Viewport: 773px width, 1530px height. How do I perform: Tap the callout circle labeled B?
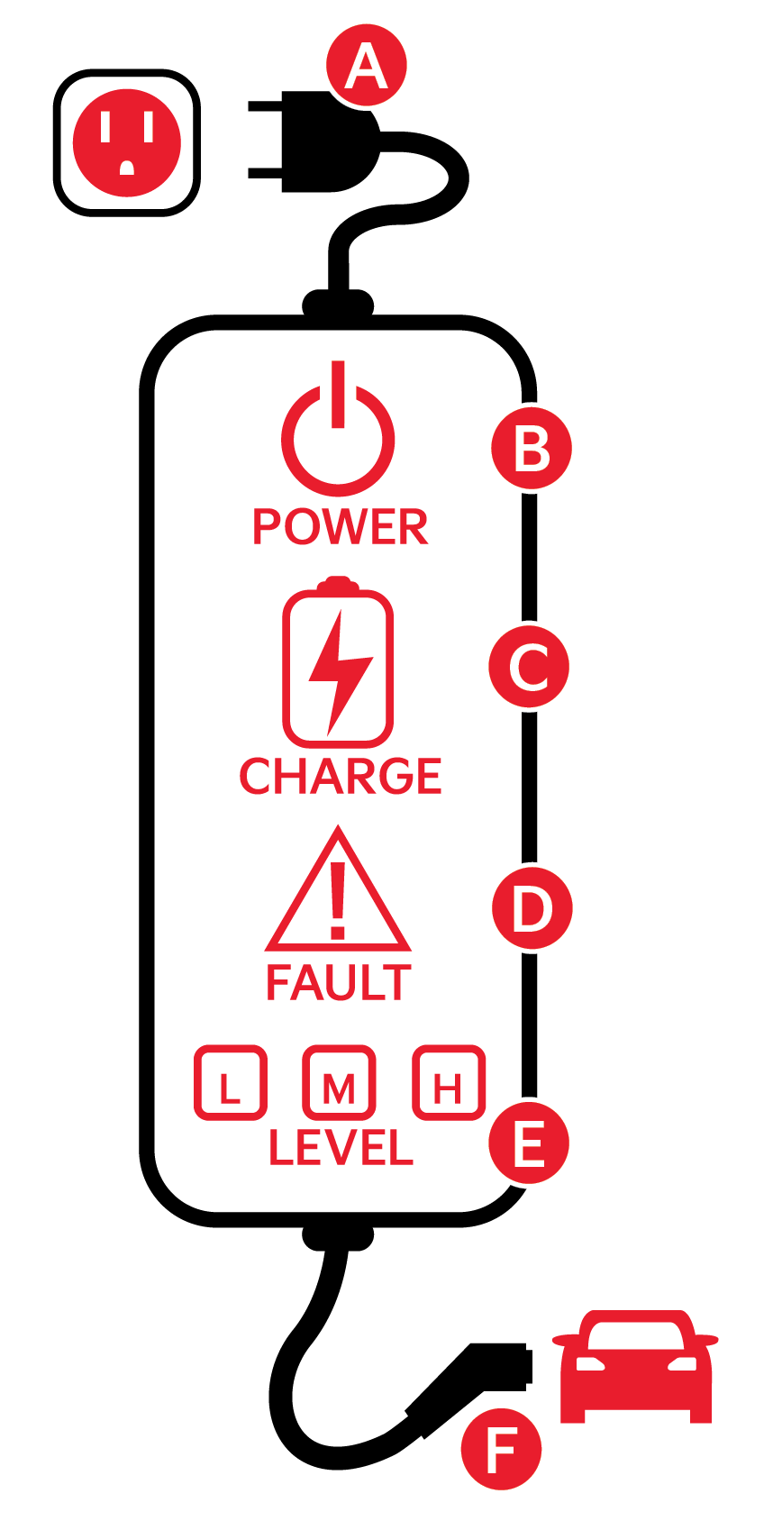tap(532, 449)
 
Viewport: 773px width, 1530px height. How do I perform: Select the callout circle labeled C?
tap(529, 668)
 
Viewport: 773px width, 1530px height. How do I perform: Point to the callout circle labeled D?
tap(532, 908)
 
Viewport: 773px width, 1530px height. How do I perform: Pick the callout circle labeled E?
tap(529, 1143)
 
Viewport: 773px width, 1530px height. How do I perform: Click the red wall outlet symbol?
tap(127, 143)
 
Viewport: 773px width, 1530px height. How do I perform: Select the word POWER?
tap(340, 527)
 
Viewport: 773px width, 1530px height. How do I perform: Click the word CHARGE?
tap(341, 777)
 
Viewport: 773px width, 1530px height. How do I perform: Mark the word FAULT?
tap(339, 983)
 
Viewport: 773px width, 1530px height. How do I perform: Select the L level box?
tap(231, 1082)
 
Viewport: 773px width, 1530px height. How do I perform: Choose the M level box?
tap(339, 1082)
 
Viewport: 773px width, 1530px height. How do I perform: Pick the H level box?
tap(448, 1082)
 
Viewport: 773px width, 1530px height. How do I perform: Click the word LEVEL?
tap(341, 1148)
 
